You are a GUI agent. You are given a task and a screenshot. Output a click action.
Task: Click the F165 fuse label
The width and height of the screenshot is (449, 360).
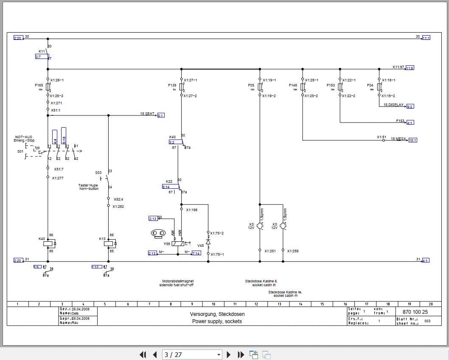click(x=39, y=85)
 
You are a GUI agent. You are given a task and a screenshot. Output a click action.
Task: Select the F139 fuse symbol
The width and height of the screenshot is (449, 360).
click(x=182, y=87)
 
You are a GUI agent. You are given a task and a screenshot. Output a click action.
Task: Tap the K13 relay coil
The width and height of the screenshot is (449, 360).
click(x=108, y=243)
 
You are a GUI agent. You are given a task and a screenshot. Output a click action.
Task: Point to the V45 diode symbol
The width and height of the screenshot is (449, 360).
click(x=208, y=242)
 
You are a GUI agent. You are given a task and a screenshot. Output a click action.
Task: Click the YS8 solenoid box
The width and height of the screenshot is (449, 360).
click(x=178, y=243)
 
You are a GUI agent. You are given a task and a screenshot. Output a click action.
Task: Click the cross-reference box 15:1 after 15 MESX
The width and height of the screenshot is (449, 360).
click(x=413, y=140)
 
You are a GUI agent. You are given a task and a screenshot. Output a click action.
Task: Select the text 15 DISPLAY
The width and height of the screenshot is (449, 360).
click(x=394, y=105)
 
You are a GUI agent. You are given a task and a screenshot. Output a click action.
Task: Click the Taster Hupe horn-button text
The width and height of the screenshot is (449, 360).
click(x=88, y=187)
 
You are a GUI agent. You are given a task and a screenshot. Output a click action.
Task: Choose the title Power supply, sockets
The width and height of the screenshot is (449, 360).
click(x=217, y=321)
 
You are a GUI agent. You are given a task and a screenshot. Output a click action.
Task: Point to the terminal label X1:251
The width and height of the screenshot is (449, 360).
click(x=270, y=251)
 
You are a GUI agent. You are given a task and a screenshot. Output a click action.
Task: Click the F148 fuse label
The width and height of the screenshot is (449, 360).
click(x=293, y=85)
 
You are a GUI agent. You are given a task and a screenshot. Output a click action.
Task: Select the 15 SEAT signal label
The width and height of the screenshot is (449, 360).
click(x=147, y=114)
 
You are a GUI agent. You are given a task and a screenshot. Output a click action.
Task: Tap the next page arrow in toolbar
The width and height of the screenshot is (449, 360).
click(x=229, y=354)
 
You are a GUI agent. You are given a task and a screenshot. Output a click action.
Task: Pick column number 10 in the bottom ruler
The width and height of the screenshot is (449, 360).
click(x=213, y=304)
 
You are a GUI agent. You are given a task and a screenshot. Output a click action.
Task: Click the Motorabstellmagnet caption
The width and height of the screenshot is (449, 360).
click(x=178, y=281)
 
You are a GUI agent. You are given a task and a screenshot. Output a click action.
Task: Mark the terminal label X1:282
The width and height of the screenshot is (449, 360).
click(x=118, y=207)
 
